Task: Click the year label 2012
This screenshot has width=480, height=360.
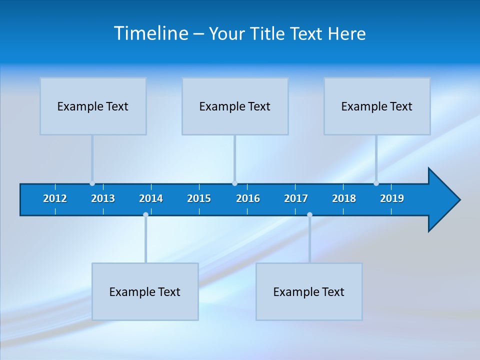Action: (55, 198)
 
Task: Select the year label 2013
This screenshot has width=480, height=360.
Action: (103, 198)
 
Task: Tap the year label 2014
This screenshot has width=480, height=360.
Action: (151, 198)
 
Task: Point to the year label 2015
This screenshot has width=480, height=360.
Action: (199, 198)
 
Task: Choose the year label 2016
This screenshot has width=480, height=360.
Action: (248, 198)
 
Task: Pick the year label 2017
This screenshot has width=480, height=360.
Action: (296, 198)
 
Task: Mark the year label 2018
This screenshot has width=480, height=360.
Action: (344, 198)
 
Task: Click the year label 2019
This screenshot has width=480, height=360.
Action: (392, 198)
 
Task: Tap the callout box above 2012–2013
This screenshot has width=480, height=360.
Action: (93, 106)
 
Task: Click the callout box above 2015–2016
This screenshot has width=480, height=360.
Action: (235, 106)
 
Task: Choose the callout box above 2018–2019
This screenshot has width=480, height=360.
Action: (377, 106)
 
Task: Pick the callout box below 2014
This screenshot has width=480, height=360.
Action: (145, 291)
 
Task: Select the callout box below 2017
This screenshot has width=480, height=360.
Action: (309, 291)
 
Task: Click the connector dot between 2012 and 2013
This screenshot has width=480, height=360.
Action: (92, 183)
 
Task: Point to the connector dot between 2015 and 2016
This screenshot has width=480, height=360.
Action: (234, 183)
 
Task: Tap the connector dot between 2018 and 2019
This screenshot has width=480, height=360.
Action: (376, 183)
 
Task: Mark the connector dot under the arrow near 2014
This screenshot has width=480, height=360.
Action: (145, 215)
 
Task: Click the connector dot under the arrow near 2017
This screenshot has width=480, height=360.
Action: (309, 215)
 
